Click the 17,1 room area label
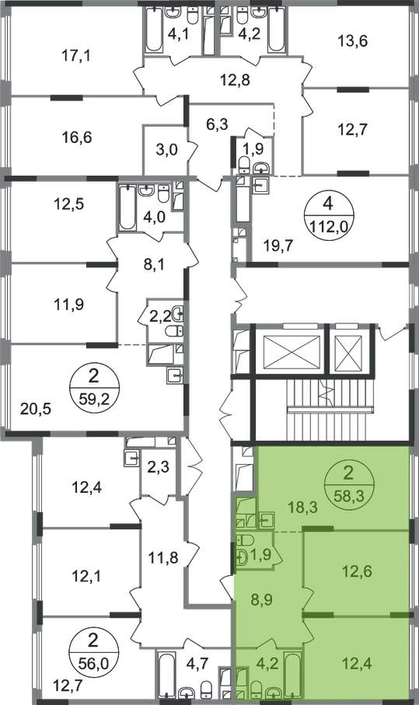pos(75,56)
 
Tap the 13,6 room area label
pos(352,41)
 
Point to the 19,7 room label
pos(278,245)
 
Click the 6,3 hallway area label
pos(217,124)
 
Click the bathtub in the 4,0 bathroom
pos(127,208)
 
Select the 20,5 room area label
pos(36,409)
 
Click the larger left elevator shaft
pos(292,351)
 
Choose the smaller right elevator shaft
pos(349,351)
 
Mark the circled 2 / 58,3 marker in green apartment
pos(348,484)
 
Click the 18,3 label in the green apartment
pos(302,508)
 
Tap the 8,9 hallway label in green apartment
pos(262,600)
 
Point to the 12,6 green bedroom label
pos(357,572)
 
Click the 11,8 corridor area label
pos(163,558)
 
